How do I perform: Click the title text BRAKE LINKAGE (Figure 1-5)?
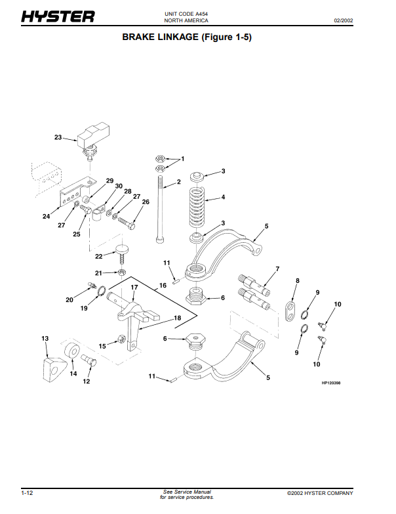tap(188, 37)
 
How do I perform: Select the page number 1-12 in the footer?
tap(28, 493)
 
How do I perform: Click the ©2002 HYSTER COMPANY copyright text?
tap(320, 493)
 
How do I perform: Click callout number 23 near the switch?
tap(58, 138)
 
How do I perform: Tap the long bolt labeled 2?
tap(159, 210)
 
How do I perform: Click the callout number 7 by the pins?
tap(277, 269)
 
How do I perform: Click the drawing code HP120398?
tap(332, 383)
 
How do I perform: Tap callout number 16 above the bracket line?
tap(163, 286)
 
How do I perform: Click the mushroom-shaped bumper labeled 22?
tap(121, 250)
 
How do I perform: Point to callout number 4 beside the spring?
tap(223, 197)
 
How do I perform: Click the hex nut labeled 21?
tap(122, 271)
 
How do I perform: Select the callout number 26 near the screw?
tap(146, 202)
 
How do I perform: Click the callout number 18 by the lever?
tap(177, 317)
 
